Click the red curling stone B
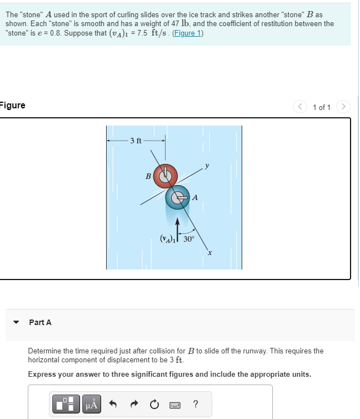coord(165,176)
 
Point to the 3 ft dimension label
coord(136,140)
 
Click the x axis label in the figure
coord(210,253)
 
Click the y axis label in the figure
coord(207,164)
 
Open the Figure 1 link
coord(187,33)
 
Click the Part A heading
coord(40,322)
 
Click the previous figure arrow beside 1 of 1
coord(301,107)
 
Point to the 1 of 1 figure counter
coord(322,107)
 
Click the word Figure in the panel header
coord(12,106)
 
